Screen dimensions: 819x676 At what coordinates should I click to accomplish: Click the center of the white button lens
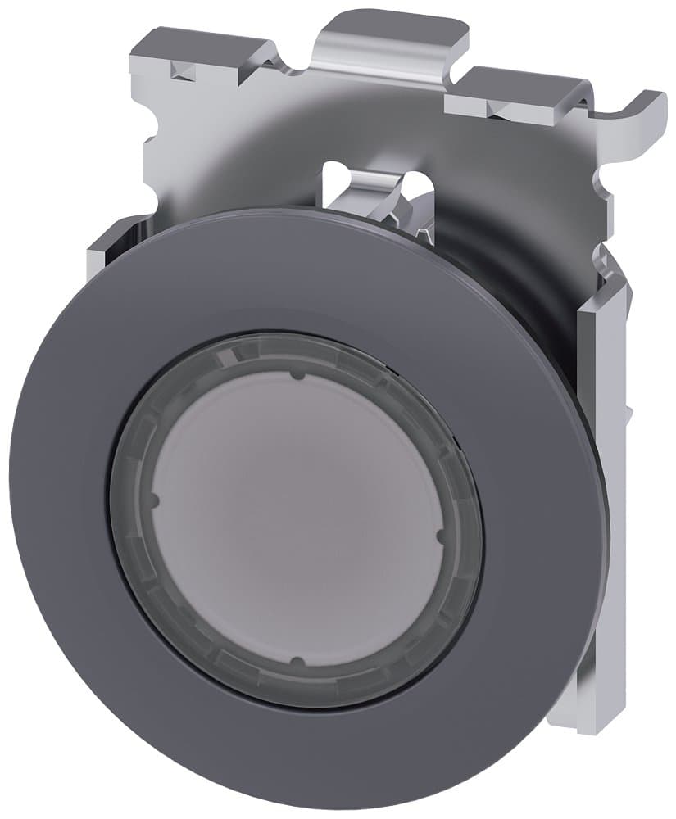point(297,518)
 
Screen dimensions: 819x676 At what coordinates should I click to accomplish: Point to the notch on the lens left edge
point(154,499)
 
